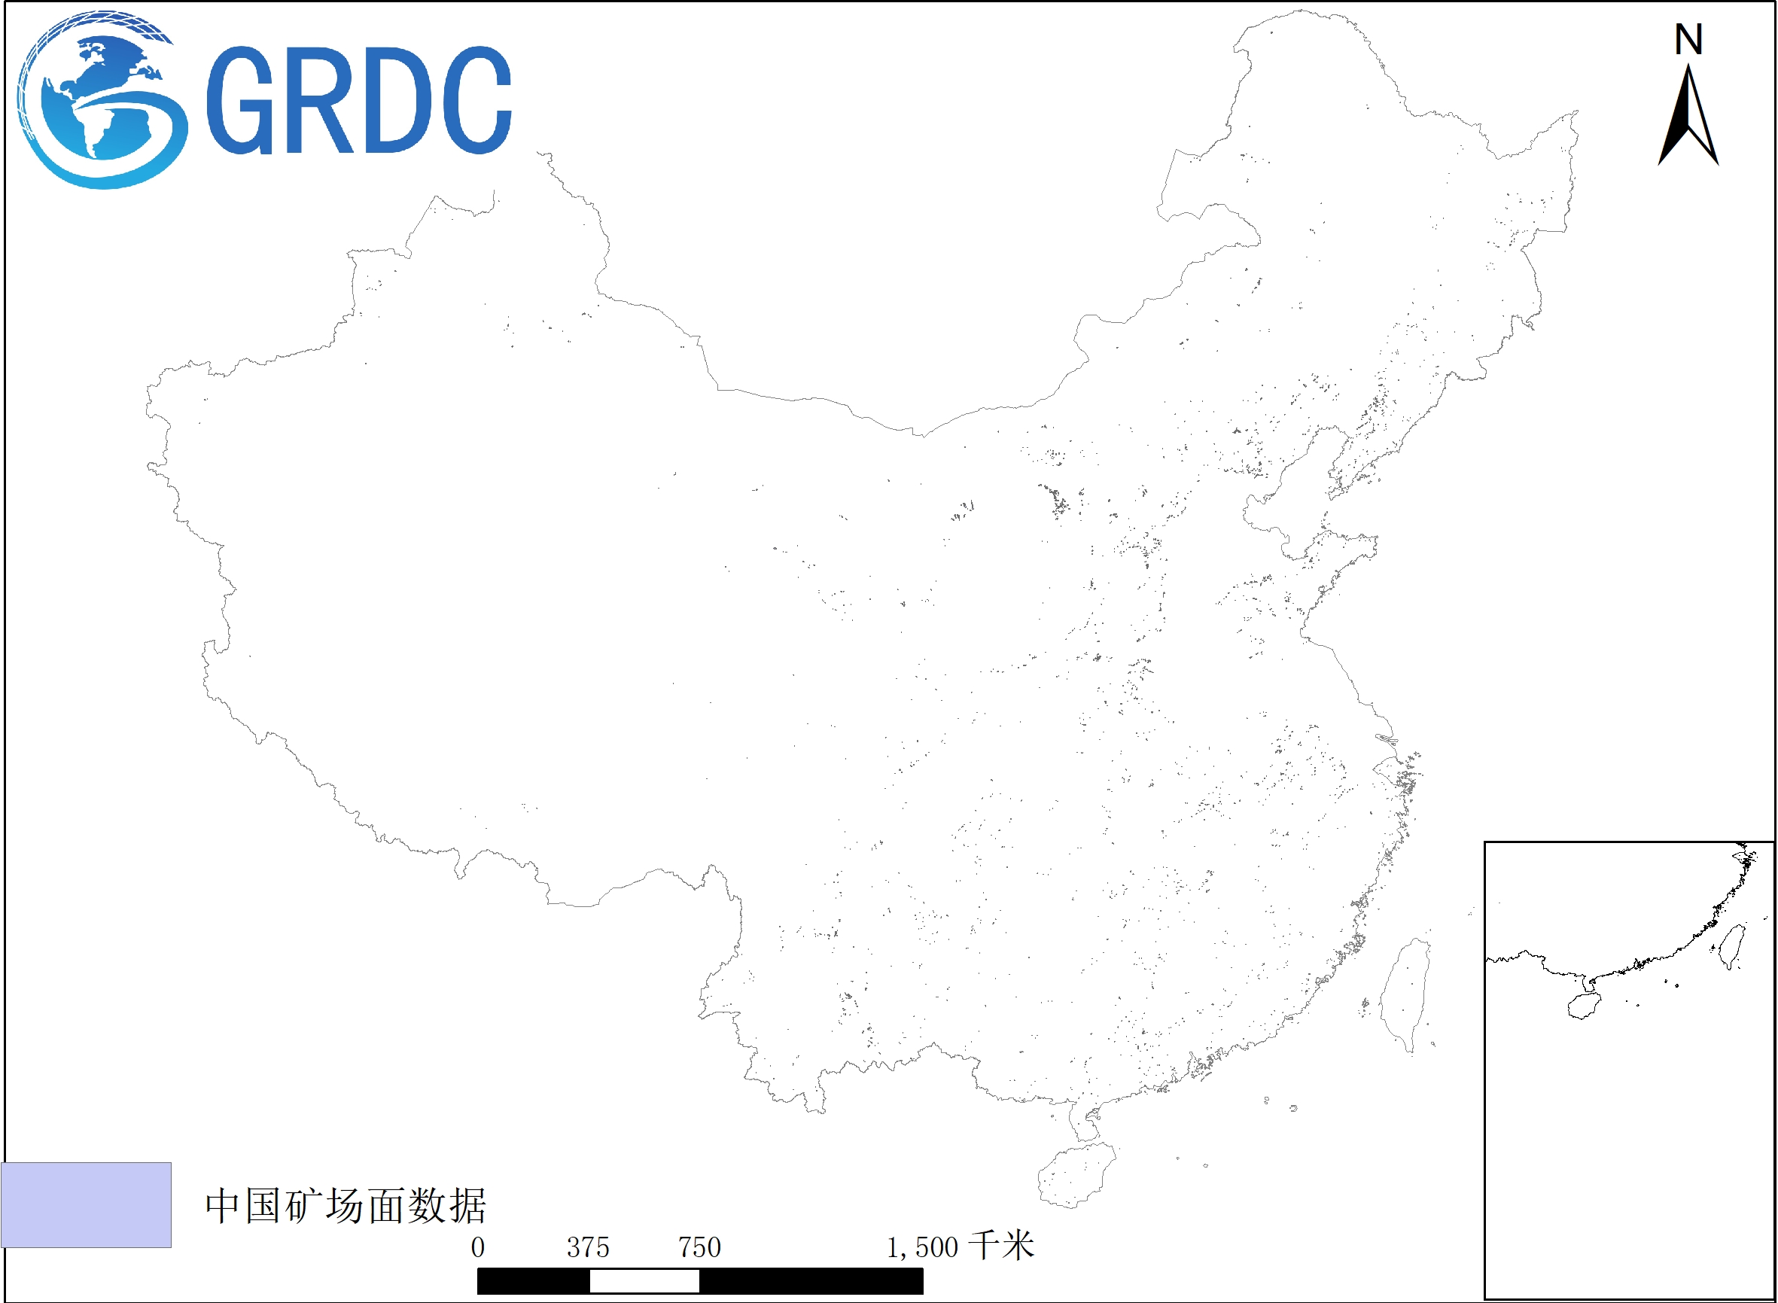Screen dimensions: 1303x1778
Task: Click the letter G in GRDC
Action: point(240,100)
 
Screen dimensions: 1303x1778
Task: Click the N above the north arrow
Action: point(1688,39)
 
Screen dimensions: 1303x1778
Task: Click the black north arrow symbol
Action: point(1688,118)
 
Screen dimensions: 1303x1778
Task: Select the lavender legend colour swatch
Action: point(86,1204)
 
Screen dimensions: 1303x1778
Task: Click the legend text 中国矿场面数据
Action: point(346,1206)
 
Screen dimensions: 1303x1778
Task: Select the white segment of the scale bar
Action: point(644,1282)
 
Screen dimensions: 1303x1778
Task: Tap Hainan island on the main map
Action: point(1074,1176)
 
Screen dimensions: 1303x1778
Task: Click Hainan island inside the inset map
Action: point(1583,1006)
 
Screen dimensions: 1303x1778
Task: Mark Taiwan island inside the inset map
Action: point(1731,945)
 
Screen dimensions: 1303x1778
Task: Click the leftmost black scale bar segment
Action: point(533,1282)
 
